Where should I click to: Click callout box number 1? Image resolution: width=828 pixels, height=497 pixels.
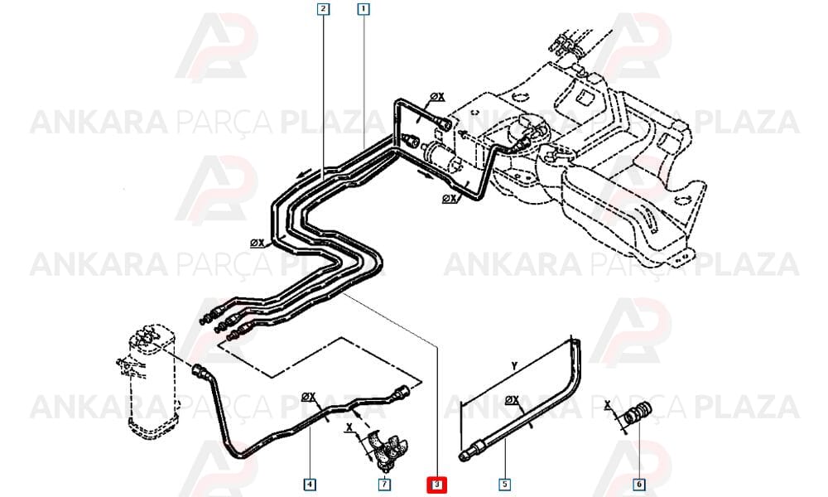tap(363, 9)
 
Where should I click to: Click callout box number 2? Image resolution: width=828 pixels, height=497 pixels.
tap(323, 9)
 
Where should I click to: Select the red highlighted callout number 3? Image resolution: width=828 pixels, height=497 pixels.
tap(436, 485)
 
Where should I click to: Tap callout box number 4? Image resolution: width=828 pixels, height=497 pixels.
tap(310, 484)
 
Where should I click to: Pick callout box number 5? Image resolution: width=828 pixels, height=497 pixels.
tap(504, 484)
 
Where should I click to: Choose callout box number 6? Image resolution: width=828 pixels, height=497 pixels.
tap(639, 484)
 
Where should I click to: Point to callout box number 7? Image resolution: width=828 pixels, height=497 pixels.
tap(384, 484)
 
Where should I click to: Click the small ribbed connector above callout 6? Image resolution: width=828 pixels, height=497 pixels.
tap(638, 413)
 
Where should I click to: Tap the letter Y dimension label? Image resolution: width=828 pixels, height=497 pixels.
tap(514, 365)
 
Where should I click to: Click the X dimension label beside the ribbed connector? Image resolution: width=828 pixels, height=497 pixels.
tap(607, 405)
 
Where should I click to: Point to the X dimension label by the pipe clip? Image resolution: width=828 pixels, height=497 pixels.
tap(349, 427)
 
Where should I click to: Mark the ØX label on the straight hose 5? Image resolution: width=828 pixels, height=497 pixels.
tap(513, 400)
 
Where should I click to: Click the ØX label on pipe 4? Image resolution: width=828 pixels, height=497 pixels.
tap(308, 396)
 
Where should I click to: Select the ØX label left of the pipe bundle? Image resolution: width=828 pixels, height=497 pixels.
tap(258, 243)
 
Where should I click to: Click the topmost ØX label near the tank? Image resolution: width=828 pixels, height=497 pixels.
tap(437, 97)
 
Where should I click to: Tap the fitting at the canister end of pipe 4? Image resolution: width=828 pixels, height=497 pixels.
tap(199, 371)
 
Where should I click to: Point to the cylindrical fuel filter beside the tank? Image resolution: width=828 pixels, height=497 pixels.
tap(440, 156)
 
